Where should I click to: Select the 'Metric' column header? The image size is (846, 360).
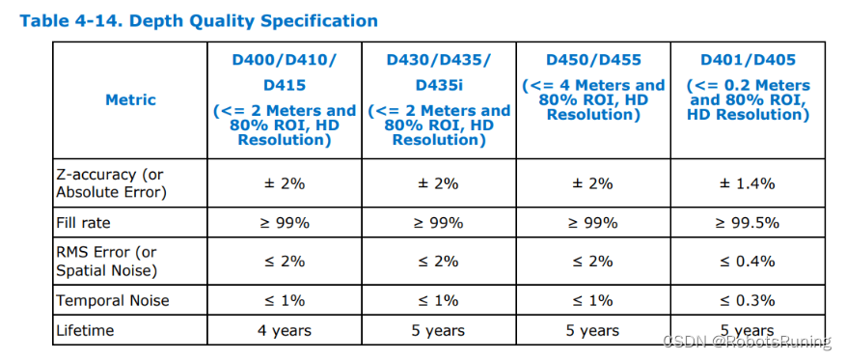click(130, 99)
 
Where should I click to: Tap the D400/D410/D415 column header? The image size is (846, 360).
click(284, 99)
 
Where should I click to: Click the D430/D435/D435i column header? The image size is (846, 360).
click(438, 99)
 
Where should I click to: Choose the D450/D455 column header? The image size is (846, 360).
click(593, 87)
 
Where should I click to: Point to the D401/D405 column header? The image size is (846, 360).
click(748, 87)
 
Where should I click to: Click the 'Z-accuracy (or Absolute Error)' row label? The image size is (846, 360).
click(112, 182)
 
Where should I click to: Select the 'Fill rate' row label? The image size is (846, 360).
click(83, 223)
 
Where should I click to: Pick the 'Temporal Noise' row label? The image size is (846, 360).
click(113, 300)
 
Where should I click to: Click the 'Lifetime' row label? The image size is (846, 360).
click(85, 330)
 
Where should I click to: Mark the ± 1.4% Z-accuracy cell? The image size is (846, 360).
click(748, 183)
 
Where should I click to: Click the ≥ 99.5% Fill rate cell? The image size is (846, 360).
click(748, 223)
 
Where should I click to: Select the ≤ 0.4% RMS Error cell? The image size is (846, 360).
click(748, 261)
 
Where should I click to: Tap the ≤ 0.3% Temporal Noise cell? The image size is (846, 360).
click(748, 300)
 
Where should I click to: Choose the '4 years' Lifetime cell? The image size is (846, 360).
click(284, 330)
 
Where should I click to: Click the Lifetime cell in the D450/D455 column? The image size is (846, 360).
click(593, 330)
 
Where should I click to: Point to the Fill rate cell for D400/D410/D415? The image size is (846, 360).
click(284, 223)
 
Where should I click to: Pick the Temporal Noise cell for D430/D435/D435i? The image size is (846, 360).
click(438, 300)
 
